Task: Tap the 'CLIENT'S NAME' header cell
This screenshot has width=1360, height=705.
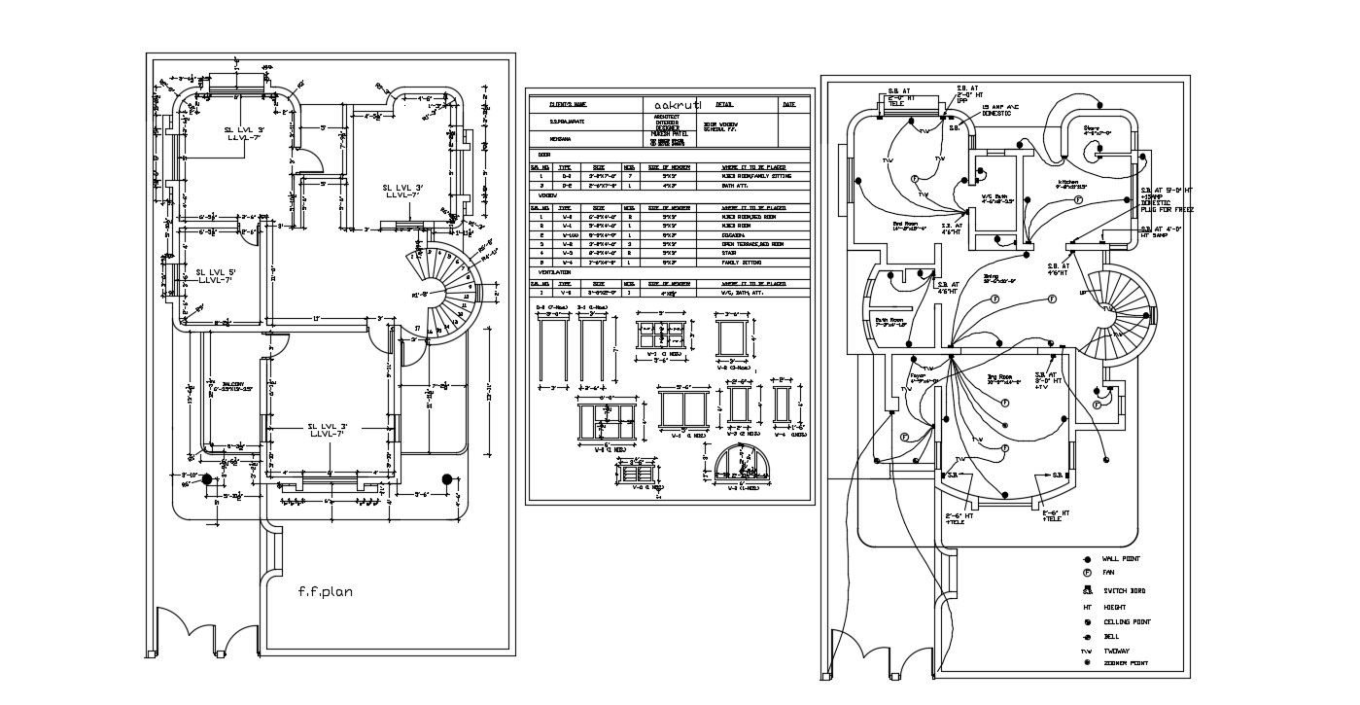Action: click(568, 103)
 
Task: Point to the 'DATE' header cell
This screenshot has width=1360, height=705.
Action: click(788, 103)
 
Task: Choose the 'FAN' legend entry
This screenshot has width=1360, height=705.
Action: click(1108, 574)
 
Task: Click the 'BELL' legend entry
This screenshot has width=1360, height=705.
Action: click(1110, 637)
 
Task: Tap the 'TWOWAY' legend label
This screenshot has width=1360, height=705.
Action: click(1116, 652)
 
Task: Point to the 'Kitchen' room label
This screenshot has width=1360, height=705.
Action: click(1070, 182)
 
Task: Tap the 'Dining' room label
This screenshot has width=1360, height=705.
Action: click(992, 276)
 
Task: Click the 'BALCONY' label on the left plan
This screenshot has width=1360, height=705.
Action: click(232, 383)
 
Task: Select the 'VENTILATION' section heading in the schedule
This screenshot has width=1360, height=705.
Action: click(554, 272)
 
